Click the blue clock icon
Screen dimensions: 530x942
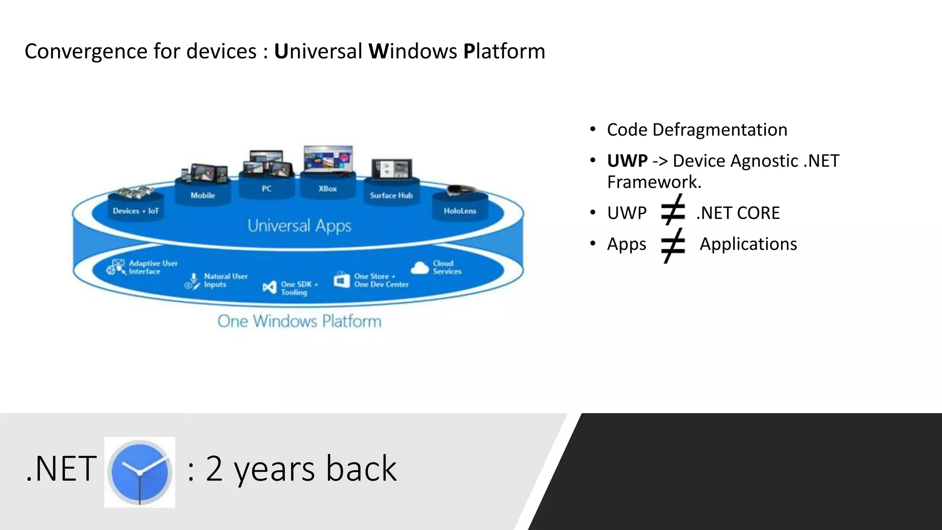[x=139, y=472]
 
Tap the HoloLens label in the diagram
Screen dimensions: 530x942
[x=460, y=211]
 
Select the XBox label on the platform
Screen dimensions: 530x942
[x=327, y=189]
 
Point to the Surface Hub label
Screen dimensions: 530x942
[x=391, y=196]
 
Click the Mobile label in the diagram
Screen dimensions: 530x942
[x=203, y=196]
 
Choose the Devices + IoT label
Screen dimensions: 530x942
[x=136, y=211]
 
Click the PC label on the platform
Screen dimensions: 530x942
[x=267, y=189]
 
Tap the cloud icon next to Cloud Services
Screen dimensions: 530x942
[x=419, y=268]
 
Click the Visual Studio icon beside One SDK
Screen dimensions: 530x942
[x=270, y=288]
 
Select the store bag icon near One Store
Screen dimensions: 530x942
[x=342, y=280]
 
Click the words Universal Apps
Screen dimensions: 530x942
[x=299, y=226]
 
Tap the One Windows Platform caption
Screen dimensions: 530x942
[x=299, y=321]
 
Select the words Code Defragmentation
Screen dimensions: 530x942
[x=697, y=130]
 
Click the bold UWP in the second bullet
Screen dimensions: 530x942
[x=627, y=161]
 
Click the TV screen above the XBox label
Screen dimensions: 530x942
[x=328, y=160]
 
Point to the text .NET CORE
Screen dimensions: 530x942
[x=738, y=213]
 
